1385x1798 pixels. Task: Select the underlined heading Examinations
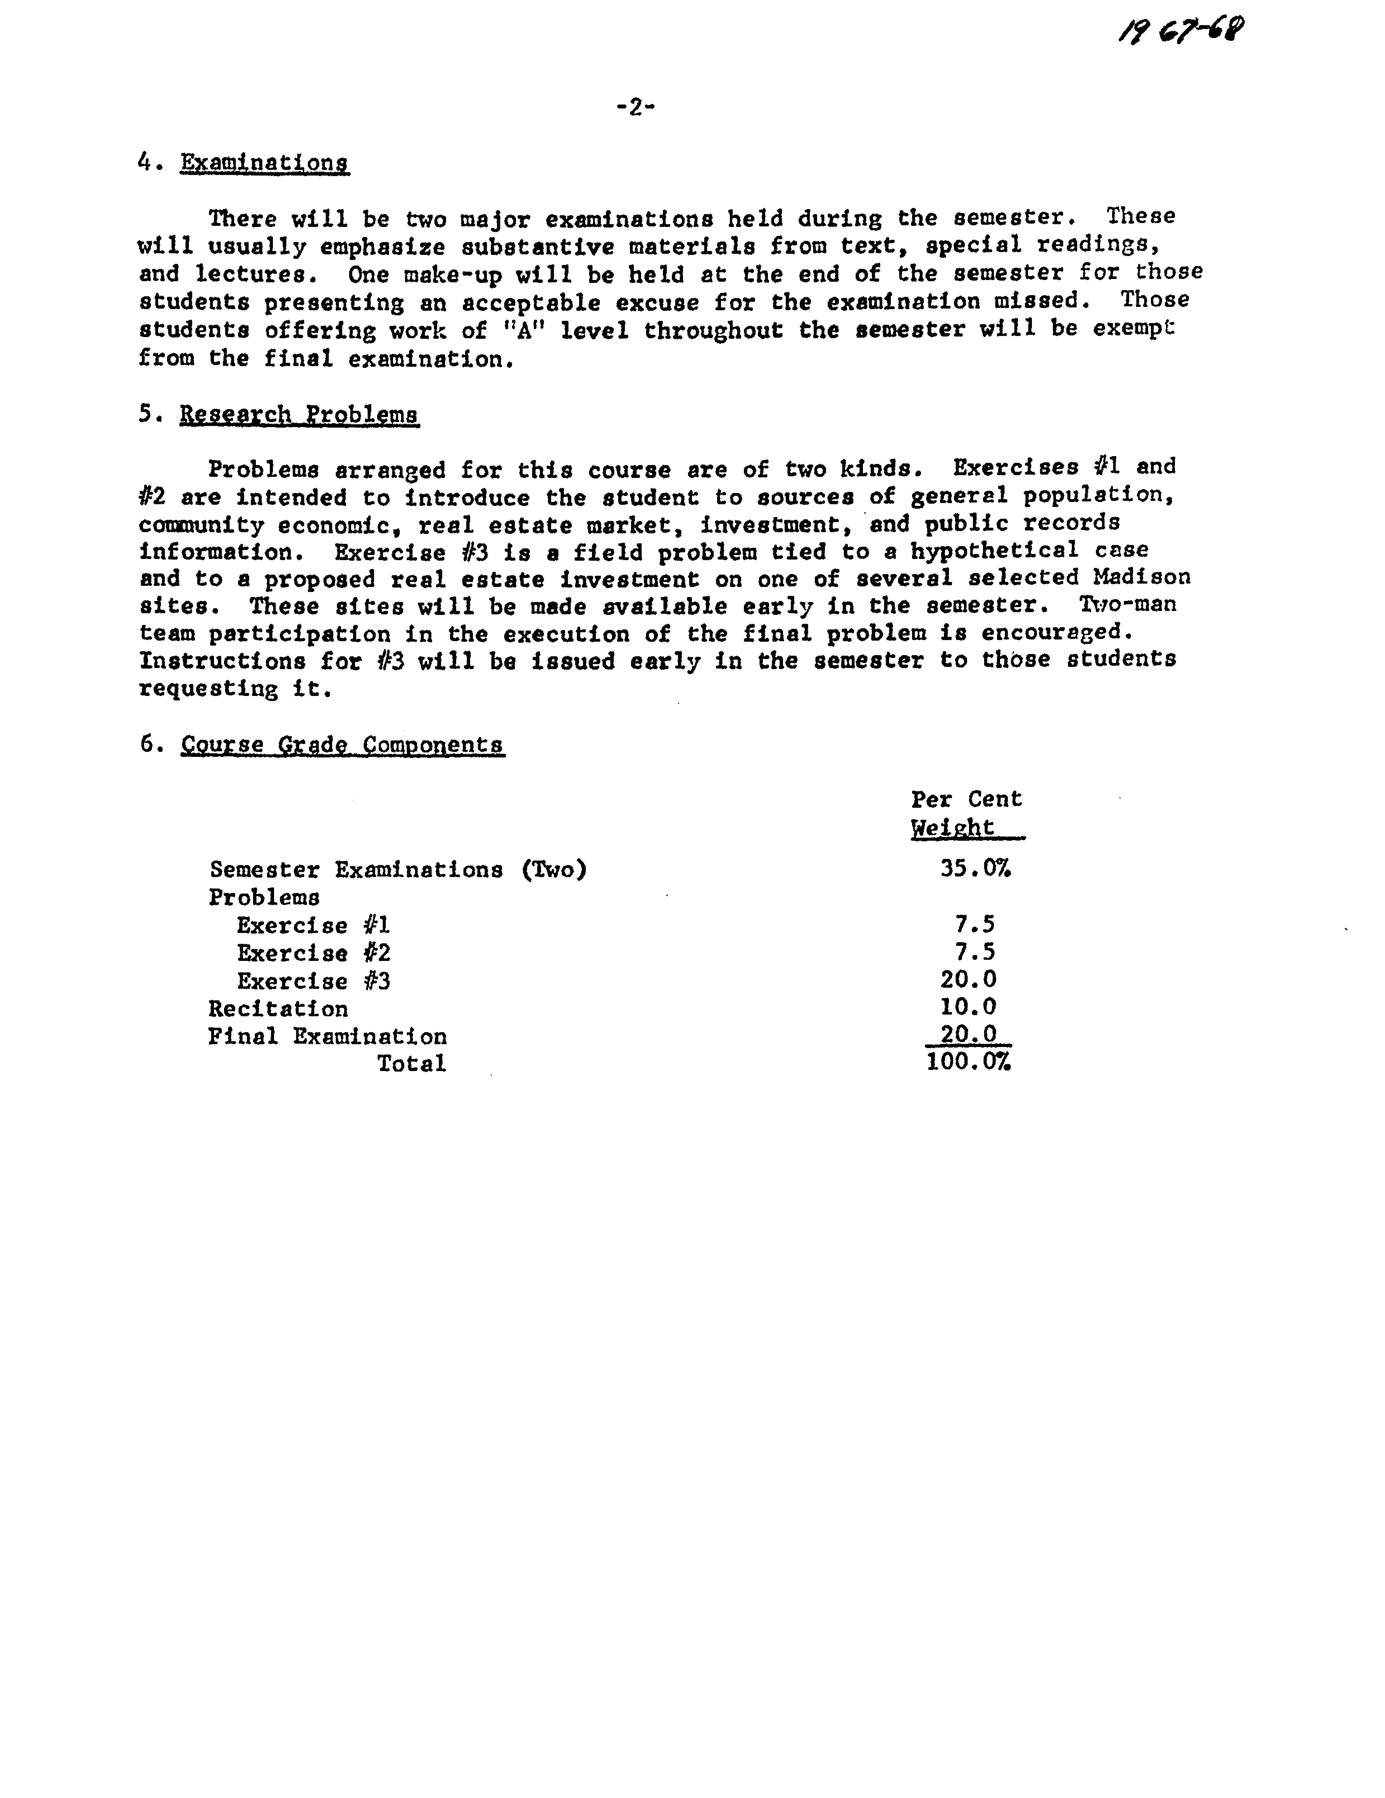pyautogui.click(x=264, y=163)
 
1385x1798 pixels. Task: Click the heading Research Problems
pyautogui.click(x=299, y=414)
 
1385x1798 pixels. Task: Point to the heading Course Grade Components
pyautogui.click(x=342, y=745)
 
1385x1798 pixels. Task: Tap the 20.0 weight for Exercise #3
pyautogui.click(x=968, y=980)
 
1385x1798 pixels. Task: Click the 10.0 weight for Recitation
pyautogui.click(x=968, y=1007)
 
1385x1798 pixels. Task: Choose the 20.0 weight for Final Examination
pyautogui.click(x=968, y=1034)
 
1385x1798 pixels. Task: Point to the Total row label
pyautogui.click(x=411, y=1064)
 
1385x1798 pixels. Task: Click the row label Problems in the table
pyautogui.click(x=264, y=897)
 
